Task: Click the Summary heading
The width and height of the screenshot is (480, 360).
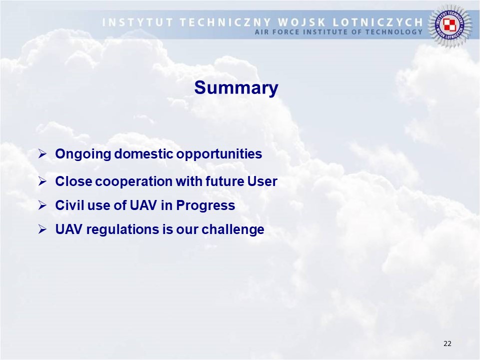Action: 236,88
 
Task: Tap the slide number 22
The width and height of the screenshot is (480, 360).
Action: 447,343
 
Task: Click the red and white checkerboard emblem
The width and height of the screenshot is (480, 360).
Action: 449,25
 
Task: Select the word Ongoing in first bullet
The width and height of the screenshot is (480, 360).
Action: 82,154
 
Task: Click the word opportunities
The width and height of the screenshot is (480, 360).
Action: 219,154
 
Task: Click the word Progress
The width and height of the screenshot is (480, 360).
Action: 205,205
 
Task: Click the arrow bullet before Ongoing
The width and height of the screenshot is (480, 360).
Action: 42,153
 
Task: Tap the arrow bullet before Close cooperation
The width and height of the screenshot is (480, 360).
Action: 42,181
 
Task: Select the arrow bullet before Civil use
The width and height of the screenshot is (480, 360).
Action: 42,205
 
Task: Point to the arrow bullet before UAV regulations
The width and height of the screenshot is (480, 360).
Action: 42,229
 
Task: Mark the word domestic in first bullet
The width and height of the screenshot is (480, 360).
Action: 143,153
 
